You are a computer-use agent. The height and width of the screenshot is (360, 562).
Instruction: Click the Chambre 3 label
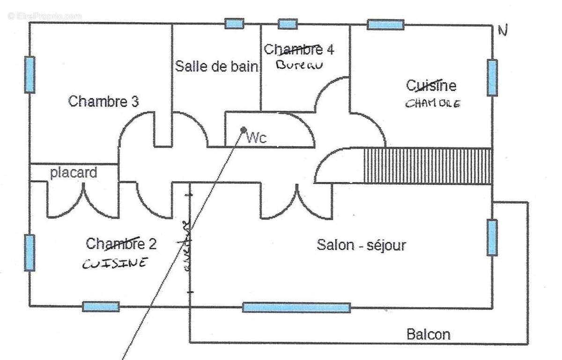[x=104, y=102]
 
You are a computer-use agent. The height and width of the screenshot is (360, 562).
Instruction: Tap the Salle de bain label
[x=216, y=66]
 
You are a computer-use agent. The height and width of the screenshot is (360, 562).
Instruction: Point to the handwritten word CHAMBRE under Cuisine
[x=432, y=103]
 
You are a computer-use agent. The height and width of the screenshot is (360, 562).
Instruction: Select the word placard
[x=74, y=173]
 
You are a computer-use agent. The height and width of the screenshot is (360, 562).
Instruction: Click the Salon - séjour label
[x=361, y=245]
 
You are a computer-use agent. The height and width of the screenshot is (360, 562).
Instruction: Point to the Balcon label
[x=428, y=334]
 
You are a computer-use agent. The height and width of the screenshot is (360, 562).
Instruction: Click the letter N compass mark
[x=503, y=31]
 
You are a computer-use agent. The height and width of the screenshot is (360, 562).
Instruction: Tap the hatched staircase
[x=428, y=166]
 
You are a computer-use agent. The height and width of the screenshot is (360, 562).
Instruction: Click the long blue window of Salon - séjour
[x=296, y=308]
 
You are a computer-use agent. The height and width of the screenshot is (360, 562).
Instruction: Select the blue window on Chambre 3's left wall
[x=30, y=74]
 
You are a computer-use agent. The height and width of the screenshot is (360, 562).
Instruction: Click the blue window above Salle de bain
[x=234, y=23]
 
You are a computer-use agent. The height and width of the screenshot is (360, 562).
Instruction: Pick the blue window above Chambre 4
[x=288, y=23]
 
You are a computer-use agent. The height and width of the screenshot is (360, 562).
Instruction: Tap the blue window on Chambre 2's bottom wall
[x=101, y=307]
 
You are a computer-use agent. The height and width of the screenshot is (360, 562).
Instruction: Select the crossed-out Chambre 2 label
[x=121, y=243]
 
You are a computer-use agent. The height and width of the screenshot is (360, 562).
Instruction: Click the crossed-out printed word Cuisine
[x=431, y=86]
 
